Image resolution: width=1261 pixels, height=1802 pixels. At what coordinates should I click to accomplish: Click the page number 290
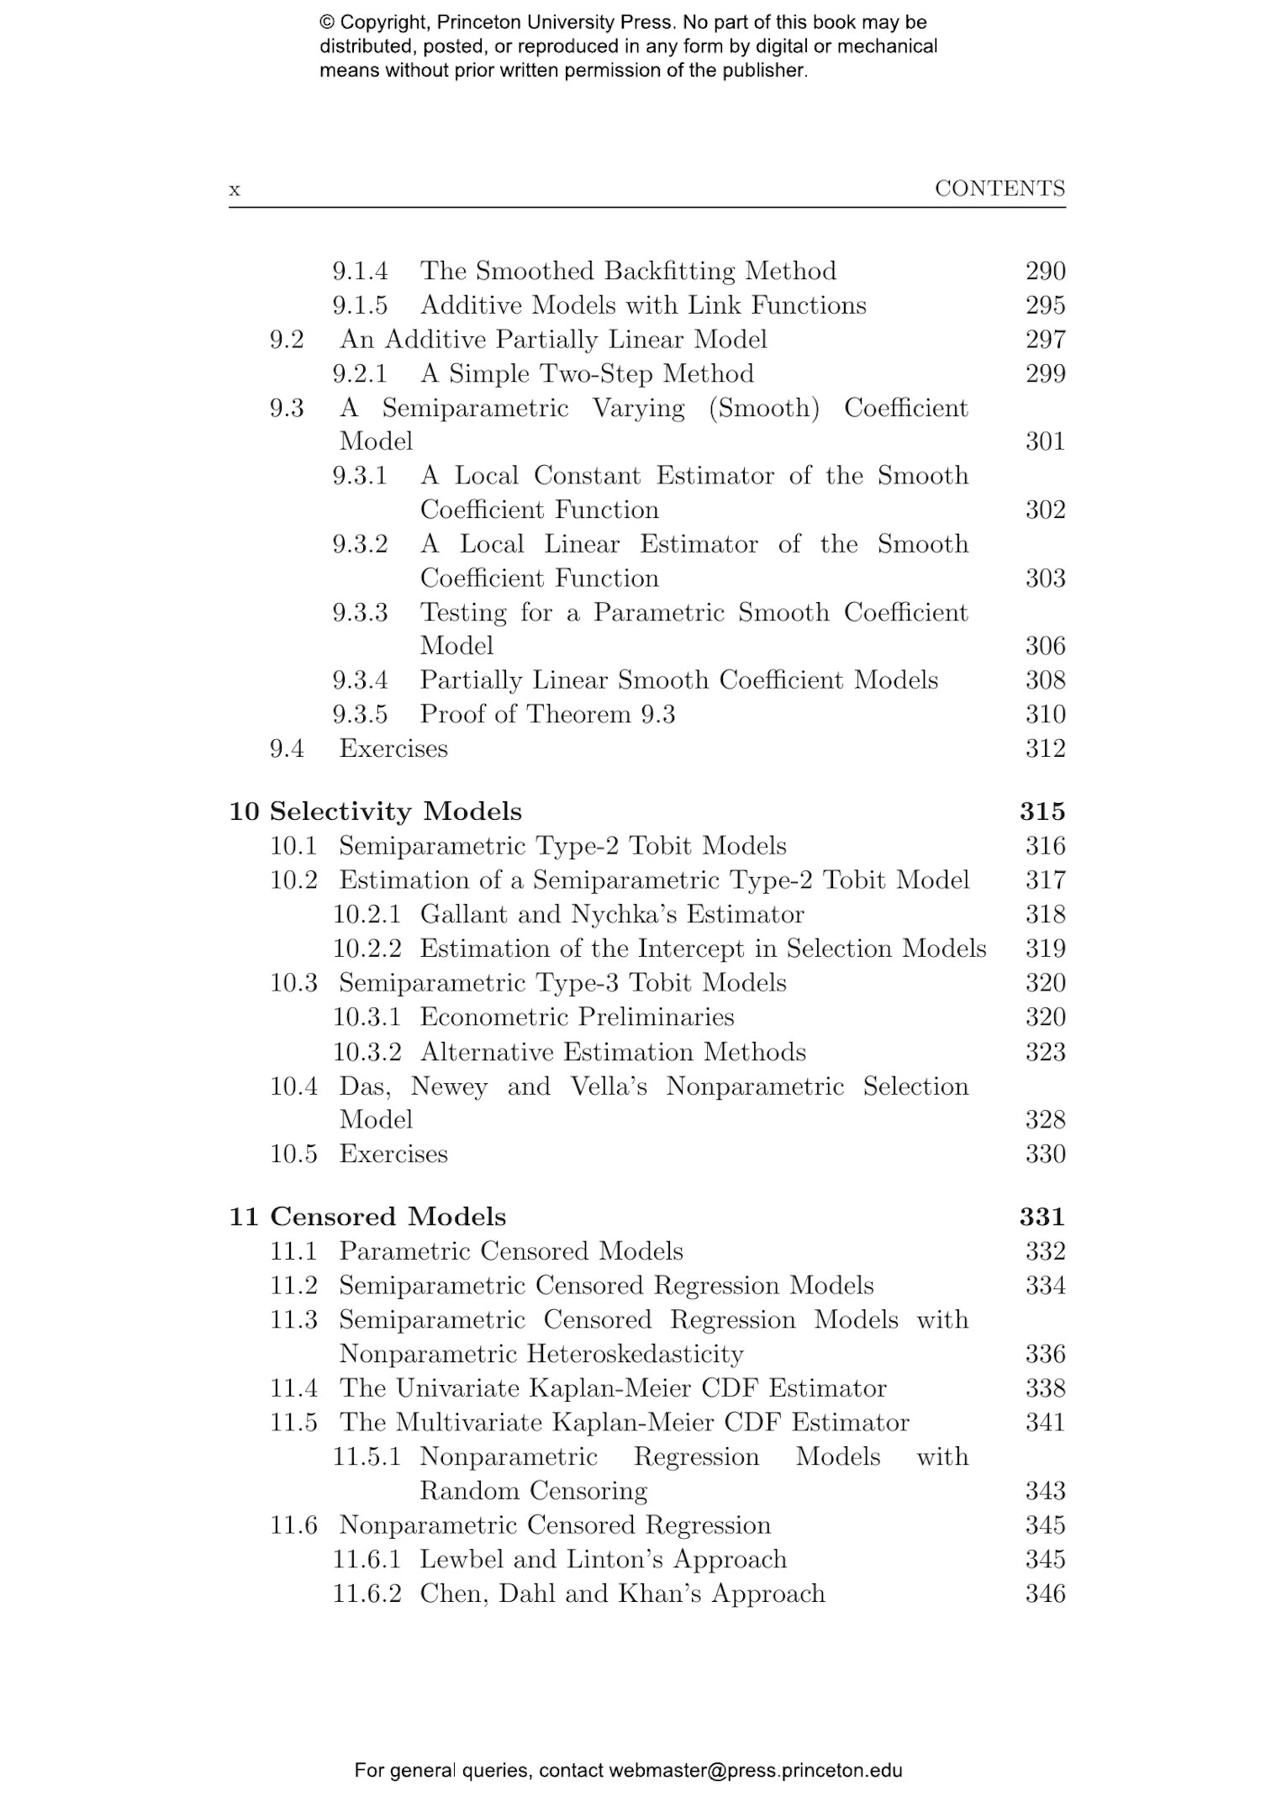click(x=1045, y=272)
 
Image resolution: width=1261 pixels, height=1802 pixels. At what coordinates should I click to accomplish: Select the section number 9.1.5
click(x=360, y=305)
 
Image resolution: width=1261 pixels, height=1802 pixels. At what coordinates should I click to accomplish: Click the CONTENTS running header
click(x=1000, y=188)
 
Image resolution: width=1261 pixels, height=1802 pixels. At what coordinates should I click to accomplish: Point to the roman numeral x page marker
click(x=235, y=190)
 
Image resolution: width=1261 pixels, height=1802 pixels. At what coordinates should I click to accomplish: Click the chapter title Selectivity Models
click(x=395, y=811)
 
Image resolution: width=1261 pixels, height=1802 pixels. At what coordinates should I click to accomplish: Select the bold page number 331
click(x=1042, y=1217)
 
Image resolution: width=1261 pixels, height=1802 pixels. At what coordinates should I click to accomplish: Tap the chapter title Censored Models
click(x=388, y=1217)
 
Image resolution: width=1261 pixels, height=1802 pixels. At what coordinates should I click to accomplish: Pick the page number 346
click(x=1045, y=1593)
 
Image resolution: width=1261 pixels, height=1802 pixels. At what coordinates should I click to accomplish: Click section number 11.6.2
click(x=367, y=1593)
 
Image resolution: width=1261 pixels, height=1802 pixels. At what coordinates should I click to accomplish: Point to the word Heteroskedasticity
click(x=635, y=1355)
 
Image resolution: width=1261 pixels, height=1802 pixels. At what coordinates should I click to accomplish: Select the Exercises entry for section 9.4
click(x=393, y=748)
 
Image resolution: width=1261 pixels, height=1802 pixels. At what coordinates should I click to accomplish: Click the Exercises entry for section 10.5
click(x=393, y=1154)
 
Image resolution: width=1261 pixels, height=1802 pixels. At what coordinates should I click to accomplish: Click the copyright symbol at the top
click(x=327, y=23)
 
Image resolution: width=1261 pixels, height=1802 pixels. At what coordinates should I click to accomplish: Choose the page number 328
click(x=1045, y=1120)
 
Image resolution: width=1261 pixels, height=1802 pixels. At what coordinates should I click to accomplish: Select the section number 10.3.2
click(x=367, y=1052)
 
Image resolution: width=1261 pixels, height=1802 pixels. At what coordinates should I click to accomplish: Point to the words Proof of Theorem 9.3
click(x=547, y=715)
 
